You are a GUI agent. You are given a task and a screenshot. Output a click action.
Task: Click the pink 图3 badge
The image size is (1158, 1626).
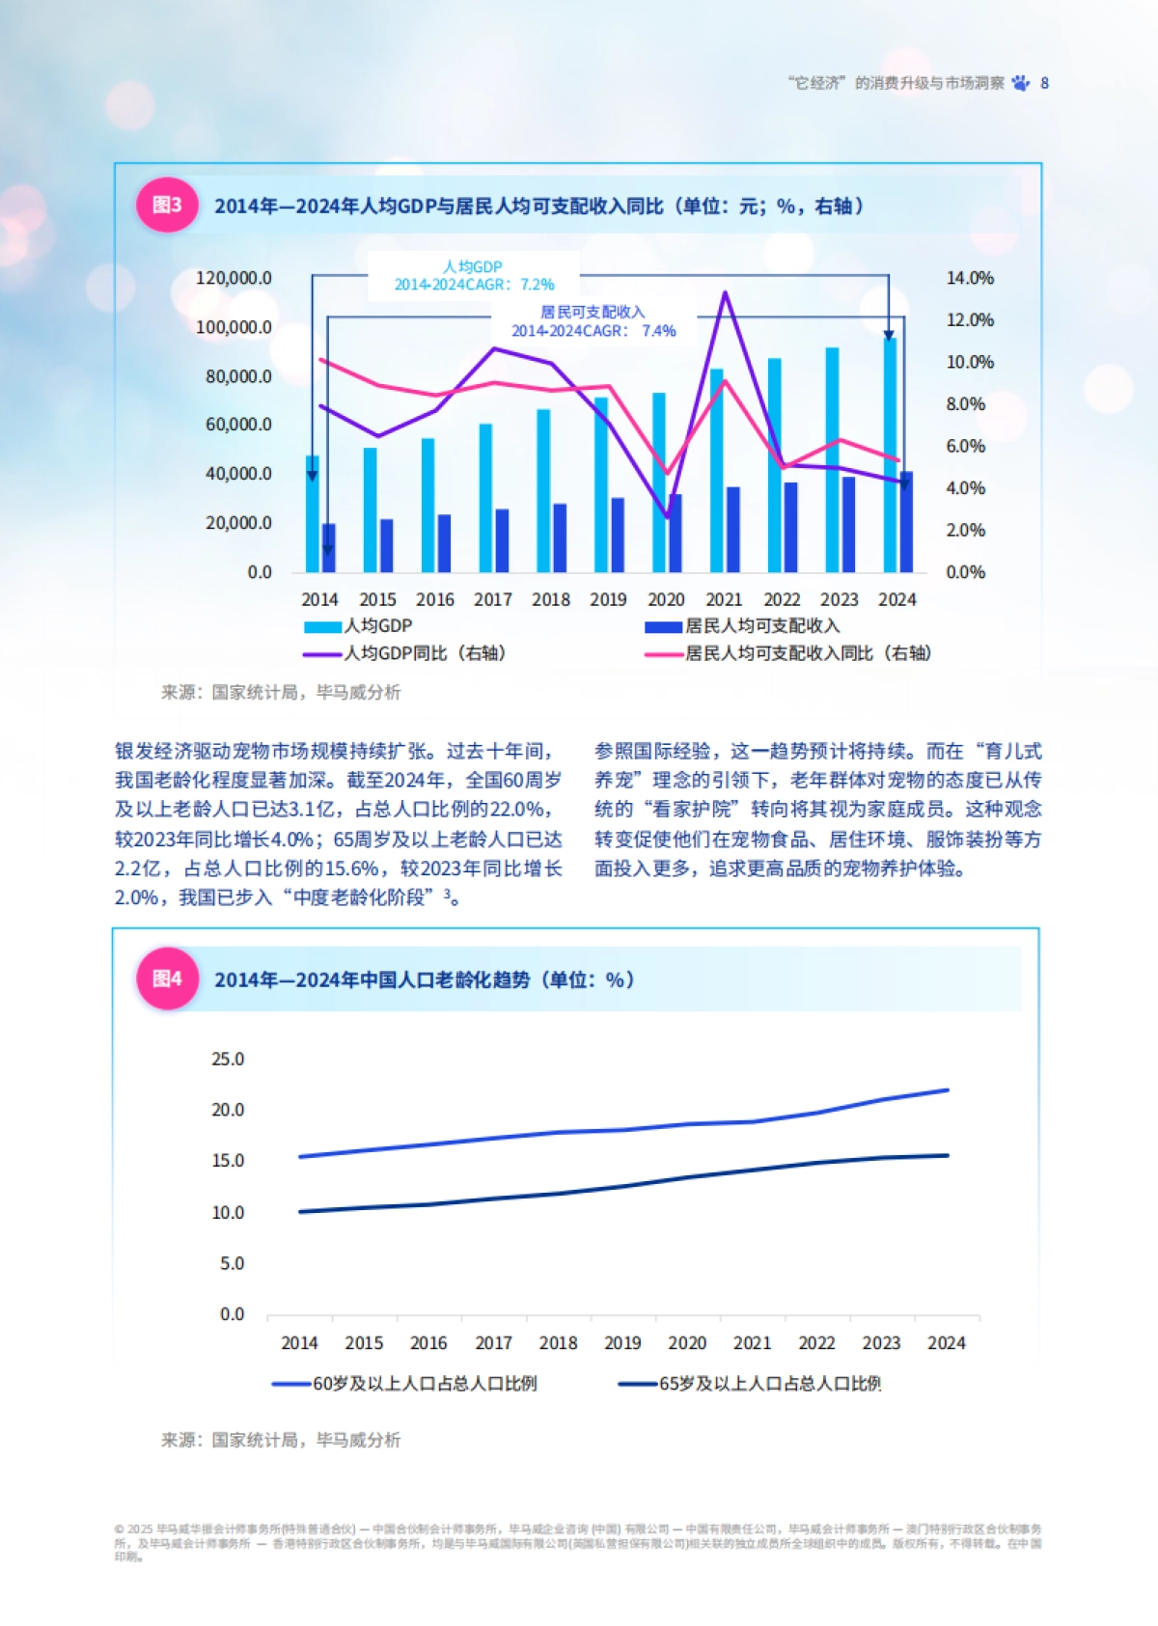(x=167, y=205)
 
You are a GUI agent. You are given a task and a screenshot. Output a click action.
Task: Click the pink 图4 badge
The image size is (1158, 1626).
(x=167, y=978)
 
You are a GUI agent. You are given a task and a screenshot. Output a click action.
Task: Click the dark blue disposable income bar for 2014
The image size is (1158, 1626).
(x=329, y=547)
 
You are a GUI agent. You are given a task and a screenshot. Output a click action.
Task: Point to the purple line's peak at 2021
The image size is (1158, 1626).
(x=725, y=293)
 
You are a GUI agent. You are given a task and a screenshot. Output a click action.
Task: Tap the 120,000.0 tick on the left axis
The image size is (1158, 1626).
(x=234, y=278)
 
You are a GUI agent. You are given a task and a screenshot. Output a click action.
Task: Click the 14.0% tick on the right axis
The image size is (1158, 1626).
(x=969, y=278)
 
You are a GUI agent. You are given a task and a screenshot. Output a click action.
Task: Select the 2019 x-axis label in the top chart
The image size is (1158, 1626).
(x=608, y=599)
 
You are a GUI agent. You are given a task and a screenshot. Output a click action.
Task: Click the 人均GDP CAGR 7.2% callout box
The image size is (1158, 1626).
(x=474, y=275)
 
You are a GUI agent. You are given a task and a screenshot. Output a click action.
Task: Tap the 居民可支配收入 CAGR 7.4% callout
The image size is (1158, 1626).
(x=593, y=321)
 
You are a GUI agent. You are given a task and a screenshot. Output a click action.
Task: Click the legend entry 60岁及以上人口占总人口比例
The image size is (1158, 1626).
(x=425, y=1384)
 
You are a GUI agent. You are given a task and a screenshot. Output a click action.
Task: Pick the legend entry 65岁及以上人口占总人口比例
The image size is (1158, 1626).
(x=769, y=1384)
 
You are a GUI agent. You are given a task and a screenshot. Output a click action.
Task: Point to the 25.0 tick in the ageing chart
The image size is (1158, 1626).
(x=228, y=1059)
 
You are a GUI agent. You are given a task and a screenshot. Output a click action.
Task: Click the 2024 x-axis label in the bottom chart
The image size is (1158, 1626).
(x=946, y=1342)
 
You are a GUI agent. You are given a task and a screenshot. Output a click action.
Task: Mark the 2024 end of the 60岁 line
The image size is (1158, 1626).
(x=947, y=1090)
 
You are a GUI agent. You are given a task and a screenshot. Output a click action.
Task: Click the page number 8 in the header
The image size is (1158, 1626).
(x=1044, y=83)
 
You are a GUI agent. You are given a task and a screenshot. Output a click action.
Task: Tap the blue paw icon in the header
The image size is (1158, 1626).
(x=1021, y=83)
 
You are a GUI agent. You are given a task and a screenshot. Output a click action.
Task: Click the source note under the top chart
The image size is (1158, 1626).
(x=280, y=692)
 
